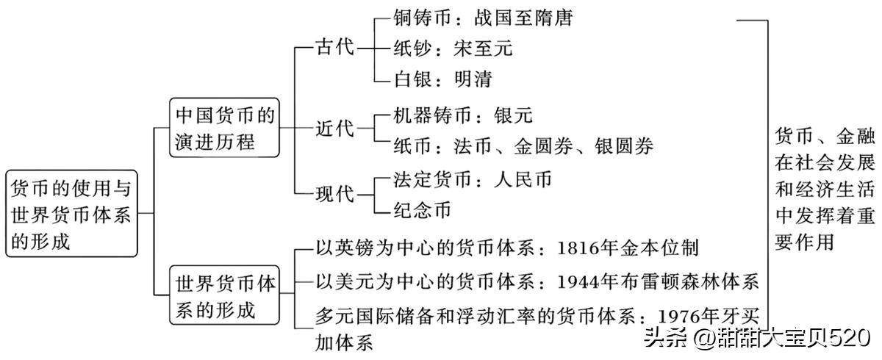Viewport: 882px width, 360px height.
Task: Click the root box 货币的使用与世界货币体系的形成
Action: [x=71, y=214]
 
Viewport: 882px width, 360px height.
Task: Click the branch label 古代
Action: [x=334, y=48]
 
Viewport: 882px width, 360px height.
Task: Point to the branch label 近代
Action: [x=334, y=129]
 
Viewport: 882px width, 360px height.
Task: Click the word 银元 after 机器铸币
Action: [x=512, y=115]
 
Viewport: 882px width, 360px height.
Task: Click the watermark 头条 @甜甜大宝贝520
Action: [x=757, y=339]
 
